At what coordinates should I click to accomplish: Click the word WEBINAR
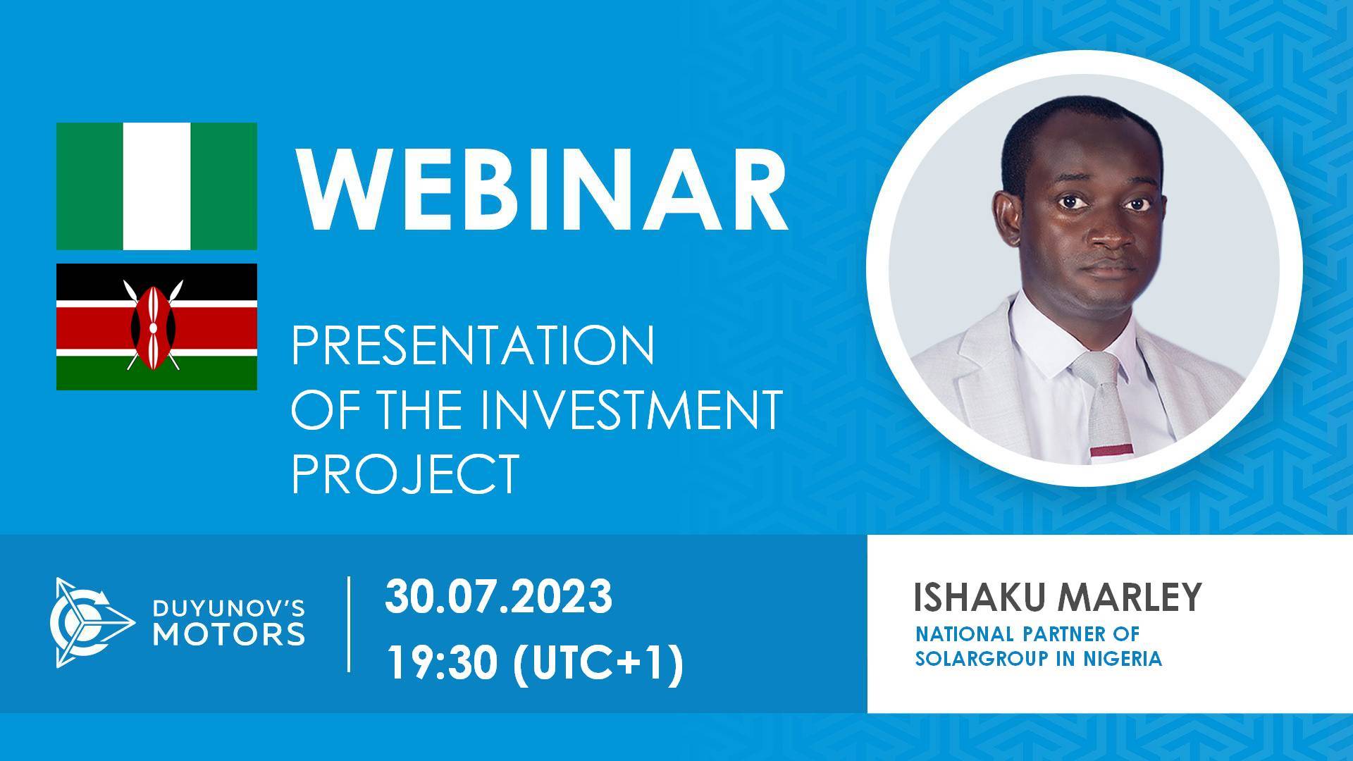click(x=540, y=188)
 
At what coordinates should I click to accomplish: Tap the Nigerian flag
click(x=156, y=186)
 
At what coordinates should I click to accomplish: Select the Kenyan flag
click(x=156, y=327)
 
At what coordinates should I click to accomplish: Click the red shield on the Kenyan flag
click(x=152, y=327)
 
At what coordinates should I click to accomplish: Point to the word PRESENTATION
click(x=473, y=346)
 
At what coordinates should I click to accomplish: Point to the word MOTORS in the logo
click(x=230, y=633)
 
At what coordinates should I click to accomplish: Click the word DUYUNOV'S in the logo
click(x=230, y=606)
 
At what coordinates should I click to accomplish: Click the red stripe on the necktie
click(x=1111, y=450)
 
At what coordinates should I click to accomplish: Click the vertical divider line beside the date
click(x=350, y=624)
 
